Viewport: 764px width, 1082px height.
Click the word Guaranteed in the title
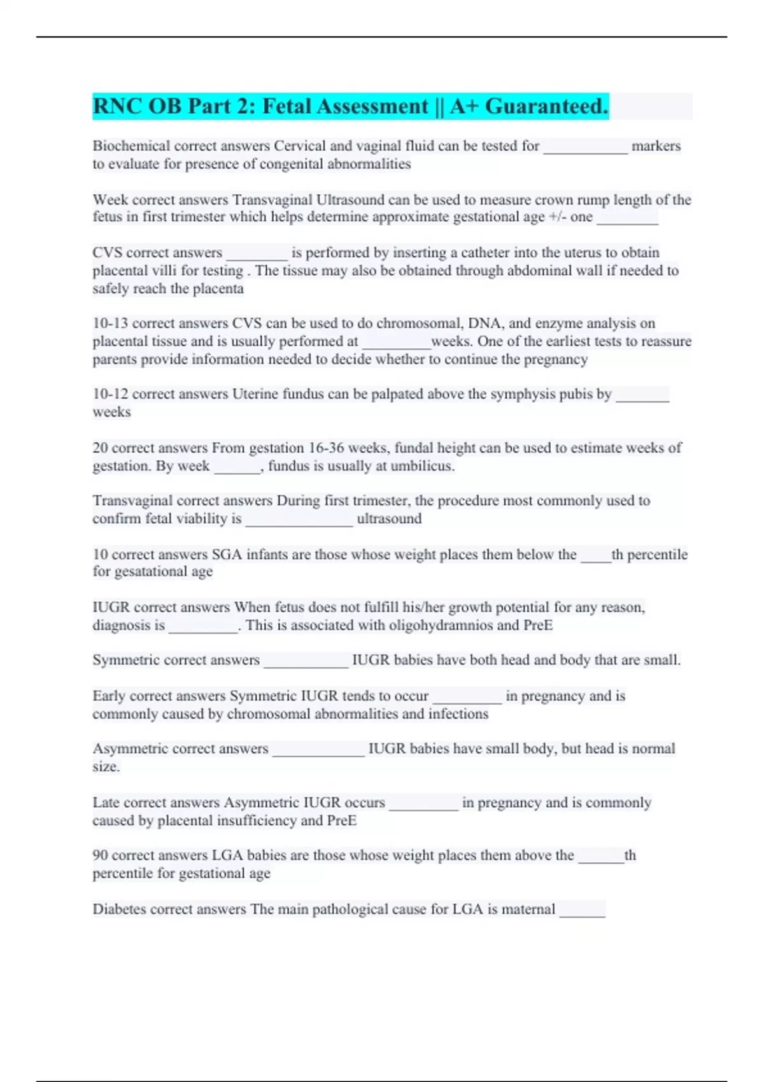click(x=546, y=106)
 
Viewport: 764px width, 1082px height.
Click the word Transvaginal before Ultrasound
click(x=272, y=200)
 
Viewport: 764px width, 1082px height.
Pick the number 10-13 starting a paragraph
click(x=110, y=323)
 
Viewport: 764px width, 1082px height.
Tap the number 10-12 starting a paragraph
click(x=110, y=394)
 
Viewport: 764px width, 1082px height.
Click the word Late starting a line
click(x=106, y=803)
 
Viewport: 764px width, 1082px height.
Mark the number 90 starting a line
click(x=101, y=855)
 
